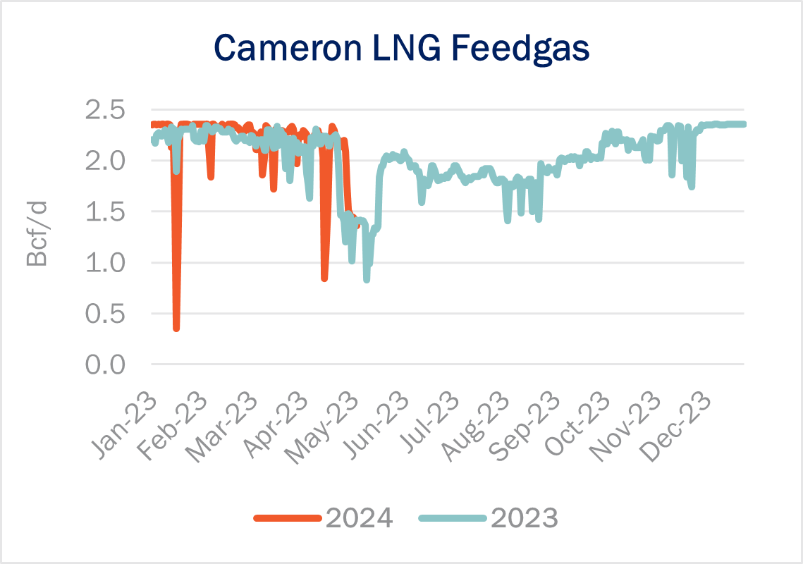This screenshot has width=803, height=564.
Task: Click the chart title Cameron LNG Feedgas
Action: tap(401, 48)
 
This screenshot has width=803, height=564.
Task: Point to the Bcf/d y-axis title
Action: tap(37, 238)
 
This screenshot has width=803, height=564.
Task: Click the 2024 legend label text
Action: tap(358, 518)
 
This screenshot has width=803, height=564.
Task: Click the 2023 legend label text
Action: tap(524, 518)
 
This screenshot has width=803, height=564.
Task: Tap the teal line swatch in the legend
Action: tap(450, 518)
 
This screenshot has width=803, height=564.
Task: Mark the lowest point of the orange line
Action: tap(176, 328)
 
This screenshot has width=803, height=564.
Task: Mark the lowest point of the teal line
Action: tap(367, 279)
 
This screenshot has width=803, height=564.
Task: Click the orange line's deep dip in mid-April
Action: tap(324, 278)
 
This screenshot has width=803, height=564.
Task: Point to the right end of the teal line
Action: tap(743, 124)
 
